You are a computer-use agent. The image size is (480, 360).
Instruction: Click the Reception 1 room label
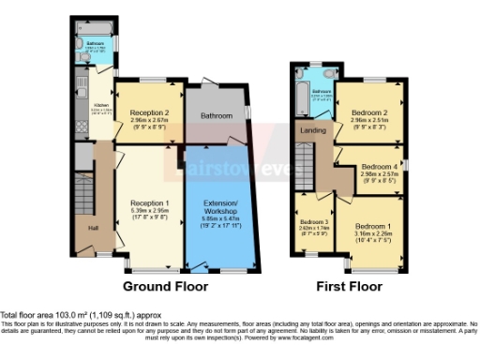coord(149,202)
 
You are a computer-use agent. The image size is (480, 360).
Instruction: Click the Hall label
coord(94,228)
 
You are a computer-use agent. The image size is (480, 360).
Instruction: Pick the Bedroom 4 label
coord(380,166)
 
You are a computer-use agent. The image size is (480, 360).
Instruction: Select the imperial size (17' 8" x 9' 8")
coord(149,218)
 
